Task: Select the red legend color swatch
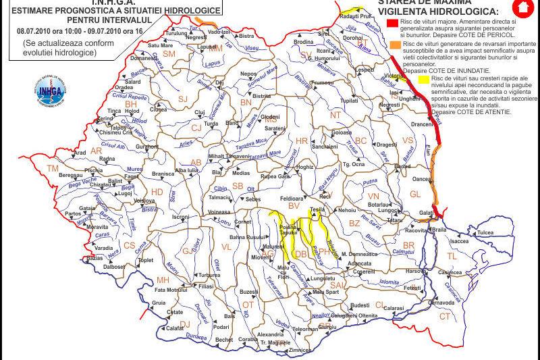coord(392,22)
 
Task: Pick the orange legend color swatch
coord(393,44)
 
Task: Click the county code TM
coord(53,168)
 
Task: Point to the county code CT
coord(445,316)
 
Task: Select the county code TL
coord(452,257)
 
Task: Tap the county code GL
coord(415,194)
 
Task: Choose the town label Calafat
coord(175,328)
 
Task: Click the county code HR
coord(302,140)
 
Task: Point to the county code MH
coord(163,280)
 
